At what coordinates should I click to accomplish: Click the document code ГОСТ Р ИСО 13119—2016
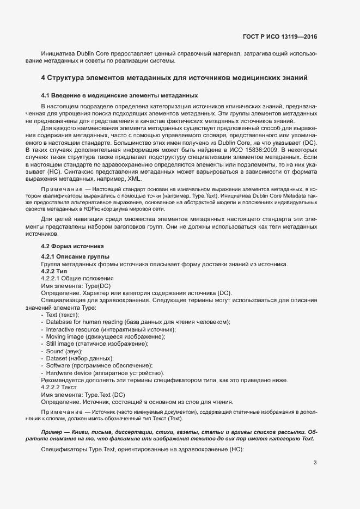click(x=279, y=36)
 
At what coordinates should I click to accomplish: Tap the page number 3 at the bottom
click(x=315, y=463)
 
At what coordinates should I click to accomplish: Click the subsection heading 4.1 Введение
click(x=119, y=95)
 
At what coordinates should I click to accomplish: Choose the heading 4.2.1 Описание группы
click(x=75, y=256)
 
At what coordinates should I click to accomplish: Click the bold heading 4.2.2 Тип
click(x=54, y=271)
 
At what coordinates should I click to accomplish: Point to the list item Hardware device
click(x=105, y=373)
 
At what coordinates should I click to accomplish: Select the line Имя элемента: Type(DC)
click(x=76, y=286)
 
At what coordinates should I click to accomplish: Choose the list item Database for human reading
click(x=137, y=322)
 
